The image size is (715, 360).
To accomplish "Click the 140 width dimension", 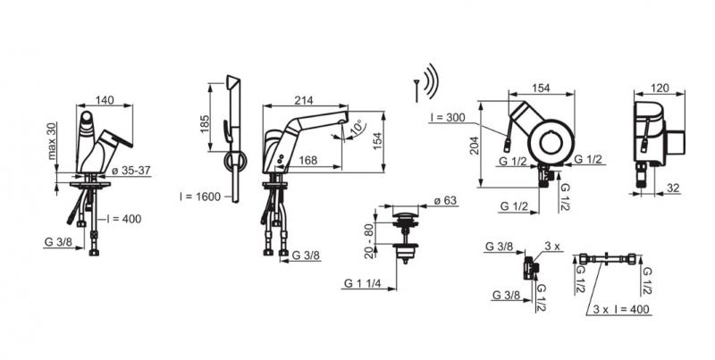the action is coord(105,100).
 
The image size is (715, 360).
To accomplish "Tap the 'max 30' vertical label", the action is coord(53,141).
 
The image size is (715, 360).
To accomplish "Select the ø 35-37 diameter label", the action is coord(130,171).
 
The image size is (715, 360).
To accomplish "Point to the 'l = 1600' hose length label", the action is coord(199,197).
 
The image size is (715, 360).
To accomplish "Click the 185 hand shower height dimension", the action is coord(205,123).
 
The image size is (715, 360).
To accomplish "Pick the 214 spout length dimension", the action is coord(304,101).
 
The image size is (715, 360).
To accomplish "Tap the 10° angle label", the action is coord(357,127).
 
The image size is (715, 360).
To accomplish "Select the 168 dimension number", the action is coord(307,161).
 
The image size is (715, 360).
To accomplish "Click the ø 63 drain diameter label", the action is coord(444,200).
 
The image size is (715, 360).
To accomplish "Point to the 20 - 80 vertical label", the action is coord(370,241).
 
